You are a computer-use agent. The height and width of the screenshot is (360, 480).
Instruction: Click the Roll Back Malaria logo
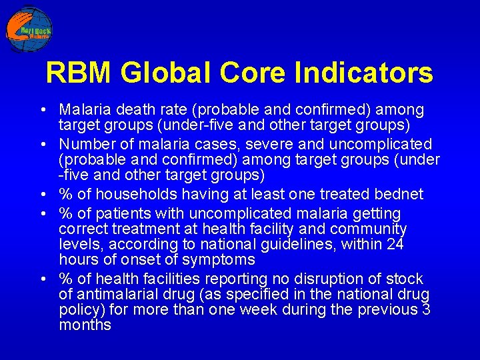pyautogui.click(x=29, y=29)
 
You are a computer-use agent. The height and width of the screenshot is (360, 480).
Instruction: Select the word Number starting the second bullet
pyautogui.click(x=83, y=144)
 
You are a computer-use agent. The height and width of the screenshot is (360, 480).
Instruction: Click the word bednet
pyautogui.click(x=400, y=194)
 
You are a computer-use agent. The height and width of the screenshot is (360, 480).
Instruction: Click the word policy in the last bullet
pyautogui.click(x=78, y=309)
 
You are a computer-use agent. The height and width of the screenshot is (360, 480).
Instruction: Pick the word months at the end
pyautogui.click(x=85, y=325)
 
